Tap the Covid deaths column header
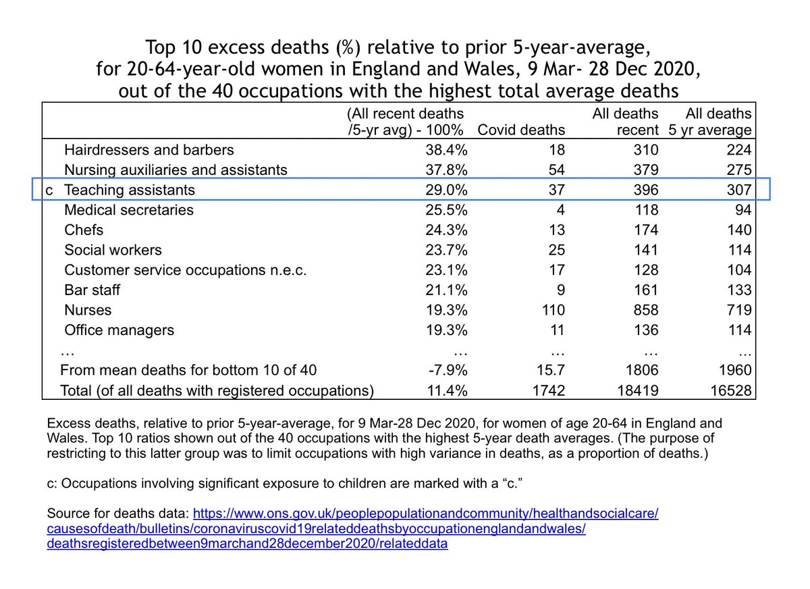click(520, 130)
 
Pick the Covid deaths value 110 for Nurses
click(552, 310)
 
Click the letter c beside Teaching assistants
click(48, 190)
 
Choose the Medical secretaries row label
click(129, 210)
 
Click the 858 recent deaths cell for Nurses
click(644, 310)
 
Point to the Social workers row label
click(113, 250)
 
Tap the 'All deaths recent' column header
click(625, 122)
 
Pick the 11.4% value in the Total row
click(447, 390)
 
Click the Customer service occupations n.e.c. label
click(186, 270)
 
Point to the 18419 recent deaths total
click(640, 390)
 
